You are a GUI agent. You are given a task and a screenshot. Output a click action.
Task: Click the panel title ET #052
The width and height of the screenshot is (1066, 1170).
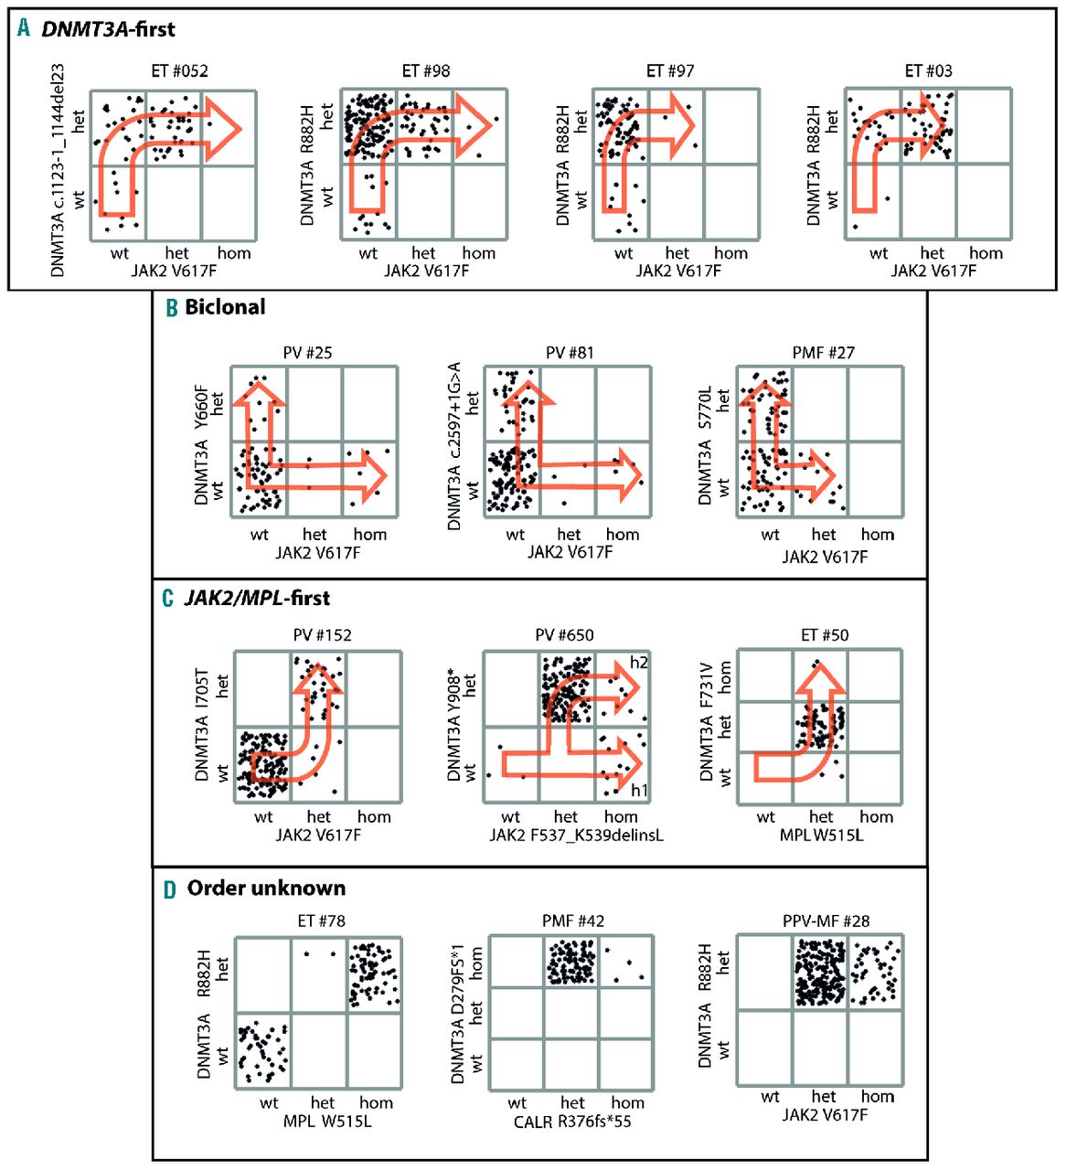tap(179, 71)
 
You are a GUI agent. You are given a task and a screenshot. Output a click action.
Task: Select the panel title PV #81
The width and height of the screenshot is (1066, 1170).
tap(570, 353)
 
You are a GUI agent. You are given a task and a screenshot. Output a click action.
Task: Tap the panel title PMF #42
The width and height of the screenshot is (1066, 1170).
tap(573, 921)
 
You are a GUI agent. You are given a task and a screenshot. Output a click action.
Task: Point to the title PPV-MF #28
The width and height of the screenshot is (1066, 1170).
tap(826, 921)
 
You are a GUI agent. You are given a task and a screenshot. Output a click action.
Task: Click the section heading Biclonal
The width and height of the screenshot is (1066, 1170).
tap(225, 307)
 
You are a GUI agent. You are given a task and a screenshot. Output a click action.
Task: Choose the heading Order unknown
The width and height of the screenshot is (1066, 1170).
tap(266, 888)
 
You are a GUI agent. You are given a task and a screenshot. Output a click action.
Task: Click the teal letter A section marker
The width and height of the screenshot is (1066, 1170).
tap(24, 27)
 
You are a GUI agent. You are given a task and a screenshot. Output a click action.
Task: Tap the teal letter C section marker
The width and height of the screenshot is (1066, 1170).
tap(167, 598)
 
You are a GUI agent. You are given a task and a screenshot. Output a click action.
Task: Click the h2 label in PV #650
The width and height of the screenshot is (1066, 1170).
tap(638, 662)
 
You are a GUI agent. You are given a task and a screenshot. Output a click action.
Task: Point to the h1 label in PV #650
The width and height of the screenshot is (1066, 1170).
tap(639, 791)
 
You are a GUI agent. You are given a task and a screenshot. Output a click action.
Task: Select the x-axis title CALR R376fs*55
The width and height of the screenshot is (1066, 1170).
tap(572, 1122)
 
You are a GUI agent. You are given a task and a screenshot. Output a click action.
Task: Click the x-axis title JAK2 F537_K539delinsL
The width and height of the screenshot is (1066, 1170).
tap(576, 835)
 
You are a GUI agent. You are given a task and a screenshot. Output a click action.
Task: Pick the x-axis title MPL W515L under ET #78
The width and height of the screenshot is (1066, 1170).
tap(326, 1121)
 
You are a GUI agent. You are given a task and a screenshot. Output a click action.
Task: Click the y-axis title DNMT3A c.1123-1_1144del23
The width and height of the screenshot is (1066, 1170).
tap(58, 170)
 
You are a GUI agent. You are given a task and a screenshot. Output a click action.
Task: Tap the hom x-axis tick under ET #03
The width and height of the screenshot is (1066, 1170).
tap(986, 253)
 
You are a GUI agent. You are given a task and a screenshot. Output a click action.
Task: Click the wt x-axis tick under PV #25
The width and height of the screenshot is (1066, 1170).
tap(259, 535)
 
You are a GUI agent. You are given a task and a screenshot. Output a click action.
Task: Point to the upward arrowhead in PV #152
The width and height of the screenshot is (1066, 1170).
tap(317, 678)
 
